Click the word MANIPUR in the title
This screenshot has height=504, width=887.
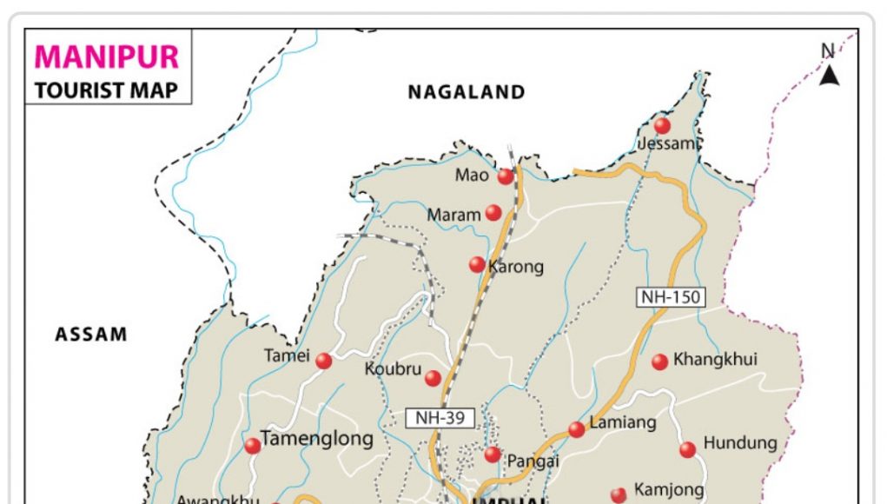[x=107, y=57]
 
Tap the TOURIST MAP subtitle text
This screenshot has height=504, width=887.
[x=106, y=90]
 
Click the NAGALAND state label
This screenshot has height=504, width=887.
[x=467, y=92]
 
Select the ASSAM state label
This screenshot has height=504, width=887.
[x=91, y=335]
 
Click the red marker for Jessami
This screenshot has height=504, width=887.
[x=662, y=125]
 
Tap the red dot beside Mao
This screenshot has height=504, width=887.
[x=506, y=176]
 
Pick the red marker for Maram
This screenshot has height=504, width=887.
[x=493, y=213]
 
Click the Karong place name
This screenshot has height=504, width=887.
[x=516, y=267]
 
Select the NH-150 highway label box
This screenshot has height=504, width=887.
[x=670, y=297]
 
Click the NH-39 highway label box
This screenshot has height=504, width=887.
[x=440, y=418]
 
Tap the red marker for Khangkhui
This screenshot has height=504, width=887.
[x=659, y=361]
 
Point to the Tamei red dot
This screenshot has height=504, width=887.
[x=323, y=361]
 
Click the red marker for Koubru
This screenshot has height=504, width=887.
[x=433, y=378]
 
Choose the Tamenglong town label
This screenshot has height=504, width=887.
[x=317, y=439]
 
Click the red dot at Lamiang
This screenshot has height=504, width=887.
[x=577, y=429]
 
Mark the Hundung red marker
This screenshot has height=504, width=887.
[x=687, y=449]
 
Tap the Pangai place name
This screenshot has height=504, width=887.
[x=534, y=460]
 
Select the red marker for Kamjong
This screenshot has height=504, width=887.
[x=619, y=494]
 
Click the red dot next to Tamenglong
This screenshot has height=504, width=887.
[x=252, y=446]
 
